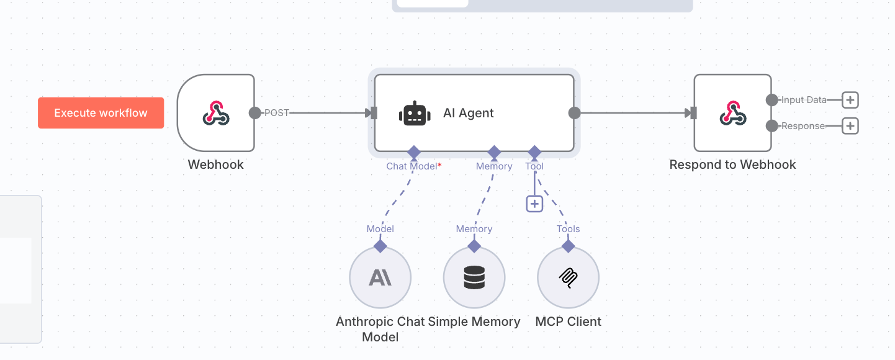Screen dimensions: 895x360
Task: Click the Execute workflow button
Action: click(101, 113)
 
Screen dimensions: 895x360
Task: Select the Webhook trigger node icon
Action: click(216, 113)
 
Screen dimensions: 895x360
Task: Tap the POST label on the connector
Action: click(276, 113)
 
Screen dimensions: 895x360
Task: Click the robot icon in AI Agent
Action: click(415, 113)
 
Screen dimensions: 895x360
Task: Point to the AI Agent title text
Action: click(468, 113)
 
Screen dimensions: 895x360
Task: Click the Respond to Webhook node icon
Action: click(733, 113)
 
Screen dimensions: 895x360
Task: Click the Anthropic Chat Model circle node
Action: click(380, 277)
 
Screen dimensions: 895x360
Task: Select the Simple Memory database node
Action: click(474, 277)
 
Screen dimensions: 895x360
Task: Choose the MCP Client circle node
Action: click(568, 277)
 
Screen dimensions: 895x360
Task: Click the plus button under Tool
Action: click(534, 204)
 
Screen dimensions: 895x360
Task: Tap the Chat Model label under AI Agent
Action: click(412, 166)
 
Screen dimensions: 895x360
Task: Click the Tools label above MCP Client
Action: click(568, 229)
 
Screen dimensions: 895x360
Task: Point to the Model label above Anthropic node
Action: click(380, 229)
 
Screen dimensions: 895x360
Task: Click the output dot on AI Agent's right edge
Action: click(575, 113)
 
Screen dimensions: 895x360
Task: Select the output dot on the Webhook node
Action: click(255, 113)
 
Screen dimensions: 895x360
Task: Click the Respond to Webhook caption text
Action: click(733, 164)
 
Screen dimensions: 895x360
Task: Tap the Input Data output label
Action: click(804, 100)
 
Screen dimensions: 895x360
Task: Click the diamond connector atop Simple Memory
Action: click(474, 246)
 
